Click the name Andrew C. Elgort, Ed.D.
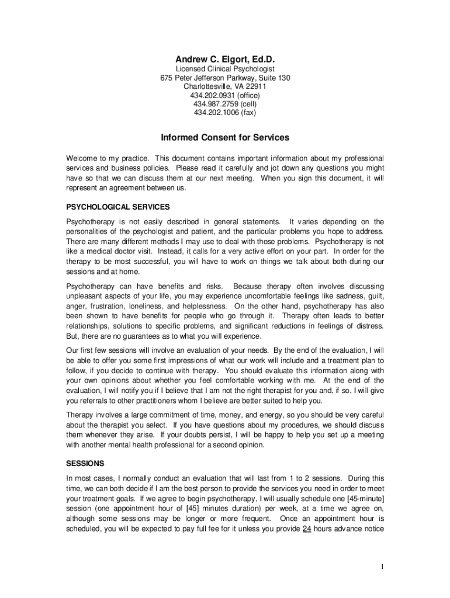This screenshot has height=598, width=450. [225, 60]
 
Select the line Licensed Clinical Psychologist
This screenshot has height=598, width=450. [225, 69]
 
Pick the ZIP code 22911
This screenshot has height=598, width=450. [255, 86]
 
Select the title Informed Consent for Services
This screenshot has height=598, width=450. [225, 138]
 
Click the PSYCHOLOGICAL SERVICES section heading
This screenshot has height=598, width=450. [118, 207]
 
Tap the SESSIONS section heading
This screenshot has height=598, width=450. [85, 464]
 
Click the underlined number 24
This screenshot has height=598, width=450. [306, 529]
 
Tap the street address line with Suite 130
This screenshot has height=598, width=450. [225, 78]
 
